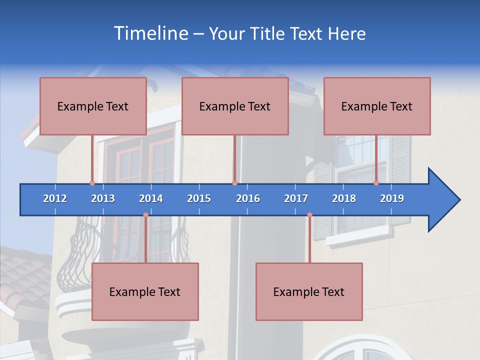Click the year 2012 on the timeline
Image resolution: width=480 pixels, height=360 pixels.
pos(55,198)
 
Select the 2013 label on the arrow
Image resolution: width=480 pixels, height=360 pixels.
pos(103,198)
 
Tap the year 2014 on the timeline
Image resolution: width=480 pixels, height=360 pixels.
pos(151,198)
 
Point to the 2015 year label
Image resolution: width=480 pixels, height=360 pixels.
pos(199,198)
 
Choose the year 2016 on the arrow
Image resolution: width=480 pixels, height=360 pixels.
pos(248,198)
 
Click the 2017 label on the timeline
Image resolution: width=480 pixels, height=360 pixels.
pos(296,198)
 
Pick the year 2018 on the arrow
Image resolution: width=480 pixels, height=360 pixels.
pos(344,198)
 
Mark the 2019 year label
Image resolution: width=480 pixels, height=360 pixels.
pos(392,198)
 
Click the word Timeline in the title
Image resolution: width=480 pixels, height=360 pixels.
pos(149,33)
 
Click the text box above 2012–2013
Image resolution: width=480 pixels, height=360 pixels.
pos(93,106)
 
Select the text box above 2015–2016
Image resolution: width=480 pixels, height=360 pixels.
pos(235,106)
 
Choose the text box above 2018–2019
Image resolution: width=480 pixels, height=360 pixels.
pos(377,106)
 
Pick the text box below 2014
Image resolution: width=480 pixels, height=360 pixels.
pos(145,291)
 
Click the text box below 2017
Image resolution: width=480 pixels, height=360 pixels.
pos(309,291)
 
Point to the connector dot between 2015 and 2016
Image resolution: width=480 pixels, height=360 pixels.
pos(234,183)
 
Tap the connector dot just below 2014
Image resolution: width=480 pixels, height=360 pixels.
pos(145,215)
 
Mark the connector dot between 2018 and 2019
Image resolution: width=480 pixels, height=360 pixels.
pos(376,183)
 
